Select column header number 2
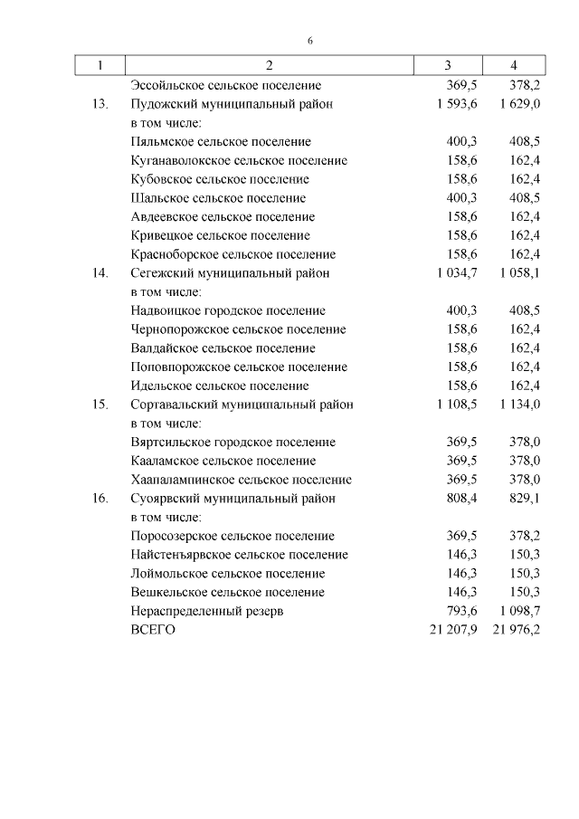pyautogui.click(x=269, y=66)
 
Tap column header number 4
pyautogui.click(x=514, y=66)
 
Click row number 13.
pyautogui.click(x=100, y=104)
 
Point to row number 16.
pyautogui.click(x=100, y=499)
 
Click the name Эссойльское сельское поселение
pyautogui.click(x=225, y=85)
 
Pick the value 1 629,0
pyautogui.click(x=518, y=104)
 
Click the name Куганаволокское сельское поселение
pyautogui.click(x=239, y=161)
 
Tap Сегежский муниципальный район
pyautogui.click(x=231, y=273)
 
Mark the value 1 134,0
pyautogui.click(x=518, y=405)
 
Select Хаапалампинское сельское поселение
pyautogui.click(x=242, y=480)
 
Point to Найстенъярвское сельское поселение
pyautogui.click(x=239, y=555)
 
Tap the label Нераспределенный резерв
pyautogui.click(x=207, y=612)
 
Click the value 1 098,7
pyautogui.click(x=518, y=612)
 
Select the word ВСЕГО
pyautogui.click(x=154, y=630)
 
